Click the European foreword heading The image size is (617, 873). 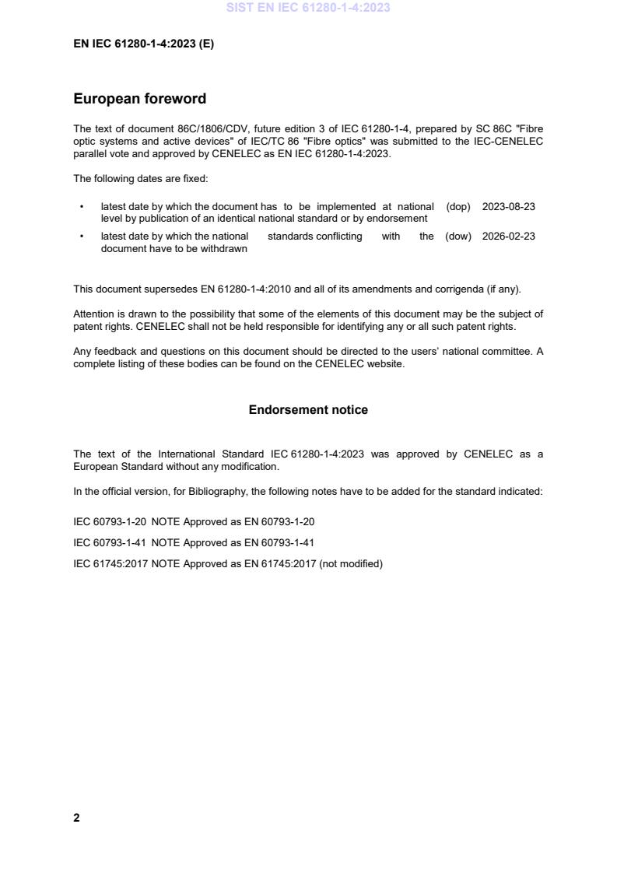139,99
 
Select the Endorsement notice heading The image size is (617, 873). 308,410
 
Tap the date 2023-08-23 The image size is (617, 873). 508,207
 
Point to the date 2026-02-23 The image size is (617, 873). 508,237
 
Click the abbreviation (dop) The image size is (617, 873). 458,207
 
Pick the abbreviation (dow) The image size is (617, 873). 458,237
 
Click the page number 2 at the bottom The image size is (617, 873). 76,818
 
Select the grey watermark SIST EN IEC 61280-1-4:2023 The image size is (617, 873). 308,8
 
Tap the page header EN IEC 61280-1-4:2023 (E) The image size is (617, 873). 143,44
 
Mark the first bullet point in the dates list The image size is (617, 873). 82,208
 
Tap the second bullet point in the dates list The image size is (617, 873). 82,237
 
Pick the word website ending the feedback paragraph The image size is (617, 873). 386,364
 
